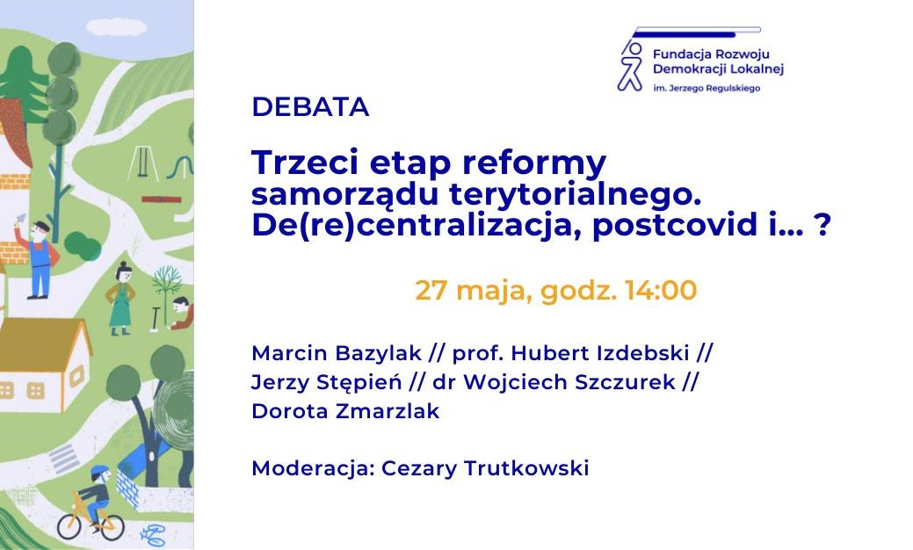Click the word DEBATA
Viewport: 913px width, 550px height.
[x=310, y=107]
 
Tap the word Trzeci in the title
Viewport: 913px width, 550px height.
[x=305, y=162]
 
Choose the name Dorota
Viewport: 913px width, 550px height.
[x=289, y=411]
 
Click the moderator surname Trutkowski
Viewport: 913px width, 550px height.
[x=526, y=468]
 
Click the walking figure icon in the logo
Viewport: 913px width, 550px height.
[x=630, y=66]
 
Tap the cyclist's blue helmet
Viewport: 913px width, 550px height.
[x=100, y=470]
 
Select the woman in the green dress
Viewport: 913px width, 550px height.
[x=121, y=299]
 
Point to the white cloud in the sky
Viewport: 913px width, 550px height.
[x=117, y=26]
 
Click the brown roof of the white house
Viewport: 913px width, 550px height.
[x=43, y=345]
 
